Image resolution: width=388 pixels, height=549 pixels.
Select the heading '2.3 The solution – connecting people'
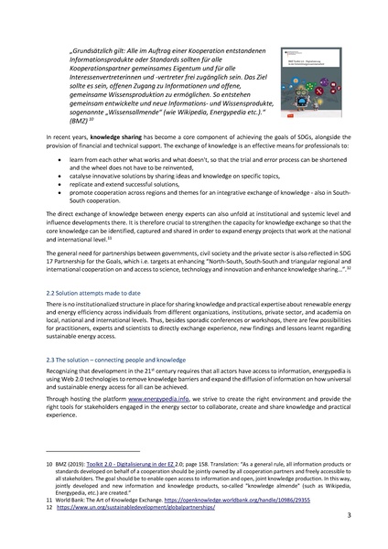tap(115, 363)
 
